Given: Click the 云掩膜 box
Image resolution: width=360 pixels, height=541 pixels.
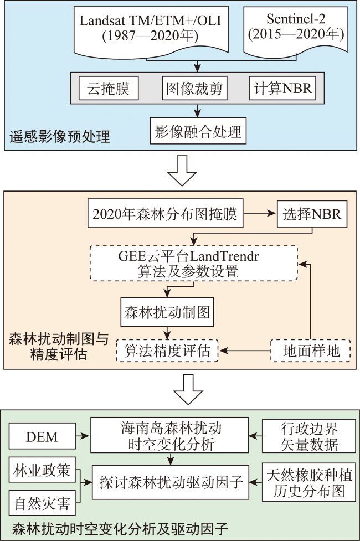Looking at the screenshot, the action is tap(109, 89).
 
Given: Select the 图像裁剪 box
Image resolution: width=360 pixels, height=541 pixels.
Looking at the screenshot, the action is tap(194, 89).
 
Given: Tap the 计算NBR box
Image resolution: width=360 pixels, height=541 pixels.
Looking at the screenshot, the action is tap(282, 89).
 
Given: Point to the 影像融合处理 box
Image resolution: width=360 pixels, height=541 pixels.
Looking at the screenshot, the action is tap(198, 131).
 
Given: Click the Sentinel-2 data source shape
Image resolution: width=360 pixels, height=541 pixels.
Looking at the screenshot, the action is tap(295, 31).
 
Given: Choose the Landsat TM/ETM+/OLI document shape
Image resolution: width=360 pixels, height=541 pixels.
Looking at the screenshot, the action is tap(151, 31).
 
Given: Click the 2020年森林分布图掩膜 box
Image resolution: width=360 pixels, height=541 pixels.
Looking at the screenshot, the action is tap(166, 213).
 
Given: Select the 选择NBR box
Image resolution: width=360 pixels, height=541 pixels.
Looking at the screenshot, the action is tap(312, 214).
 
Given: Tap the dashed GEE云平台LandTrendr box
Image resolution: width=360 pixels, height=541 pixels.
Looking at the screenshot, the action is tap(194, 263).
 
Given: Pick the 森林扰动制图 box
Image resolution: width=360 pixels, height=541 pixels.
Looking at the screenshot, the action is tap(167, 312).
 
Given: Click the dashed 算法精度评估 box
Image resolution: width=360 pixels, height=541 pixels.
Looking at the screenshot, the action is tap(167, 351).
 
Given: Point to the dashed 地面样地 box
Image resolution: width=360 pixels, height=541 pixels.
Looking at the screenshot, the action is tap(311, 351).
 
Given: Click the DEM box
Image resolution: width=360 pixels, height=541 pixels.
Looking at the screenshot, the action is tap(42, 436).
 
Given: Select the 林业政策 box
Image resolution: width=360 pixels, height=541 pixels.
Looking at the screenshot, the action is tap(42, 470).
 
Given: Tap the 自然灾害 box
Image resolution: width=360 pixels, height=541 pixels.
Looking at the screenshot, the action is tap(42, 503).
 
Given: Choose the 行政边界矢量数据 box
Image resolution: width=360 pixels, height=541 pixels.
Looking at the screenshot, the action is tap(309, 436).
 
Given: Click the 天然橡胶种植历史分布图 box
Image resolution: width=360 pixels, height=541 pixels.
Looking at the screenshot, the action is tap(309, 482).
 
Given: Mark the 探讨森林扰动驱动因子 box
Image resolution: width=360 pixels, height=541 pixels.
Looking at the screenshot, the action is tap(171, 482).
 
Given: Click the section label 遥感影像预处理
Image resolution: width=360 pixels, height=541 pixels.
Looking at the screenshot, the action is tap(60, 137).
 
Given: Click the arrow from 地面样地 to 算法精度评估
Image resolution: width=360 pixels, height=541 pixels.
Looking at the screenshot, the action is tap(245, 351).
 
